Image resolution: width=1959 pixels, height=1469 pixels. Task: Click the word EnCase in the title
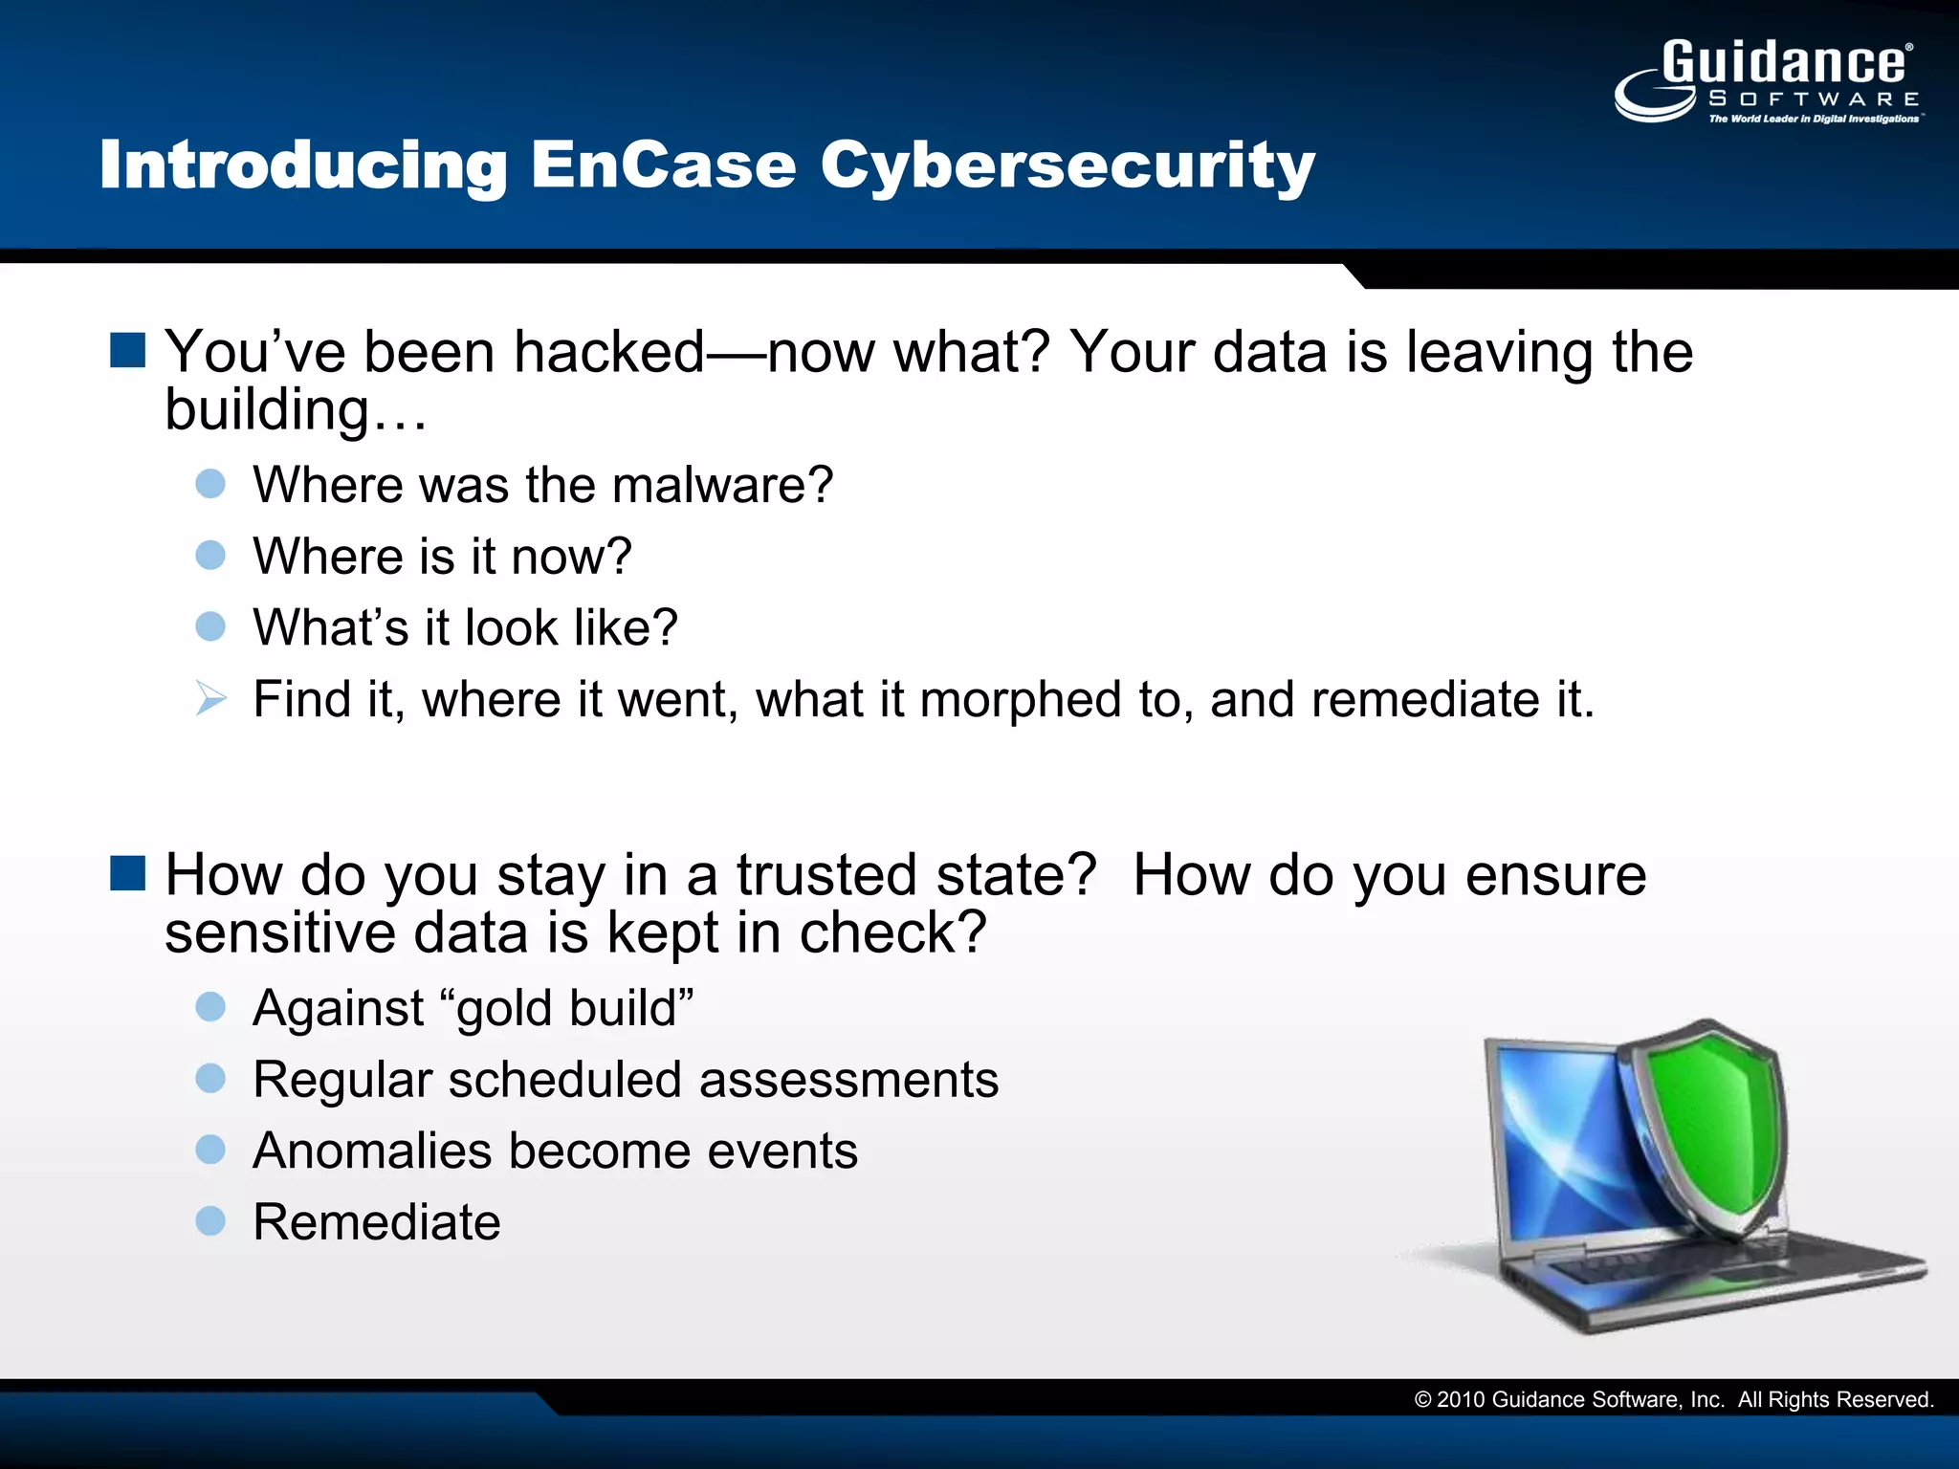click(663, 165)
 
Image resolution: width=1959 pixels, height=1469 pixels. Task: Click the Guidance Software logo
click(1768, 82)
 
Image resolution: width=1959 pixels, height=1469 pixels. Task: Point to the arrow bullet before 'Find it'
click(210, 698)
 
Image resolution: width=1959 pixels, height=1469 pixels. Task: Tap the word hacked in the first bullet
click(609, 352)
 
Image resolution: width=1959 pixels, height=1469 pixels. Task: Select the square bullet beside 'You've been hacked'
click(127, 351)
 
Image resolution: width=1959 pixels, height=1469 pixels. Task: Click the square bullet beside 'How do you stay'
click(127, 873)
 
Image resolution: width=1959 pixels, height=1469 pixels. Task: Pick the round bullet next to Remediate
click(210, 1221)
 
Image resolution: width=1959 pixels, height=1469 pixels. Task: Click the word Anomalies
click(372, 1151)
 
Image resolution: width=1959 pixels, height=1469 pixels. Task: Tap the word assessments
click(848, 1080)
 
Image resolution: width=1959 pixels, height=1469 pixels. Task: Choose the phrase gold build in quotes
click(568, 1008)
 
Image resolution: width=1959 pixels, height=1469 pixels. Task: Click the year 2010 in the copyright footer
click(1461, 1400)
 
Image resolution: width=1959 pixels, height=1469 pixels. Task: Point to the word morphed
click(1020, 699)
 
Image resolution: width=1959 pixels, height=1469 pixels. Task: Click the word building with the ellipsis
click(296, 410)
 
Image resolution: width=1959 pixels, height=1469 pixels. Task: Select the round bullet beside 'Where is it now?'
click(210, 556)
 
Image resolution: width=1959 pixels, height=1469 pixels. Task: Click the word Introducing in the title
click(303, 165)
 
